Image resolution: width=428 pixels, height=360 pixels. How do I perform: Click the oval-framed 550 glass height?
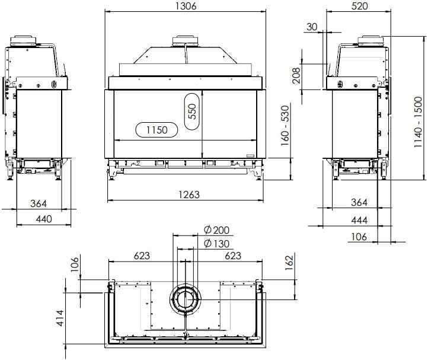(x=191, y=113)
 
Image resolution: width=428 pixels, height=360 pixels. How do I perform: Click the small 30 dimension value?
(x=312, y=27)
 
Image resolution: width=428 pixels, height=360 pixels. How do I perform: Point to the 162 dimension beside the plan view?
(x=289, y=262)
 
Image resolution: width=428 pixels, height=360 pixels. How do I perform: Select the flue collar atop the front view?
(x=185, y=42)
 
